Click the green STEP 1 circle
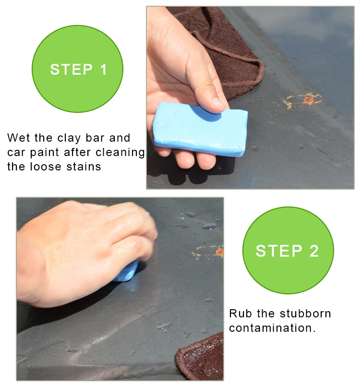[77, 69]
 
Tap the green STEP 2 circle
[288, 250]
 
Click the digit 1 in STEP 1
[104, 69]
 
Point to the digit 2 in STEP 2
[314, 251]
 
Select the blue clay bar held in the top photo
[200, 129]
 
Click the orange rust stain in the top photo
[302, 100]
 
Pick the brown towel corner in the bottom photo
[200, 357]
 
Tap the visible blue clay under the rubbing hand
[126, 271]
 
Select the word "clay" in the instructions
[69, 138]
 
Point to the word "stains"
[84, 167]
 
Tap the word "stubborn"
[306, 314]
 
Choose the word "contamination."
[273, 328]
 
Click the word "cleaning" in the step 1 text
[120, 153]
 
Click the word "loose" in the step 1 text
[46, 167]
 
